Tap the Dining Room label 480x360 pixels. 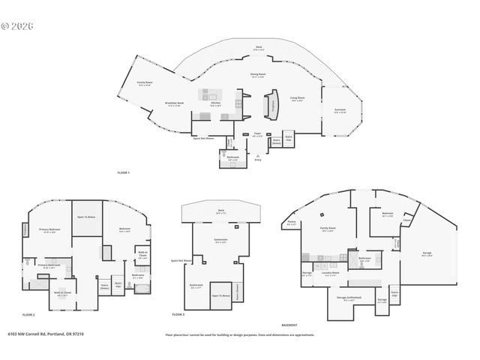point(259,75)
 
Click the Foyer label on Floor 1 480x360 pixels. point(257,134)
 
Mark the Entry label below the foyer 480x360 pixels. point(258,160)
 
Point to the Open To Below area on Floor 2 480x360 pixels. point(86,217)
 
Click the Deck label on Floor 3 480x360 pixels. point(221,211)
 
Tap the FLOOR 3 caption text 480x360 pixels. point(178,313)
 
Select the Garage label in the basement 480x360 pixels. point(427,253)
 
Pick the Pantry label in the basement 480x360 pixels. point(291,222)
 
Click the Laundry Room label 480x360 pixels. point(331,273)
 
